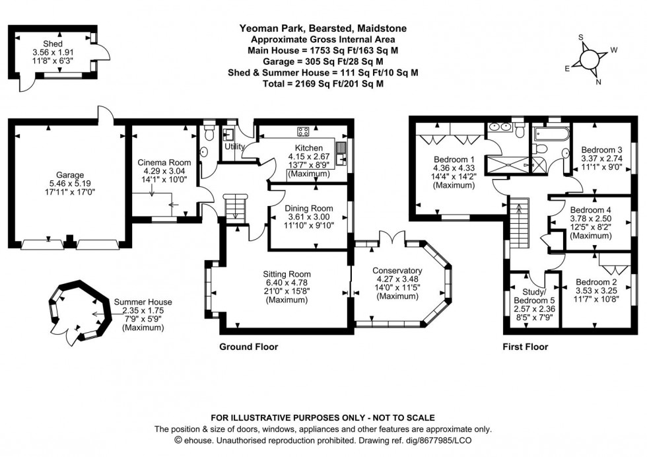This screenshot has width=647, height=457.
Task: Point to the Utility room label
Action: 234,147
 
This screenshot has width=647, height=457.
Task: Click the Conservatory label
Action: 397,270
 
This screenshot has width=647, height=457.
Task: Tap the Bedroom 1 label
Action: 454,159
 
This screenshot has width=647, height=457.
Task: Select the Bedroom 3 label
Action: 601,149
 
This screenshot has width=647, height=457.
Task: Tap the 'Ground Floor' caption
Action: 248,346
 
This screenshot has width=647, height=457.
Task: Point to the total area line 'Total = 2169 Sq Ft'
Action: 323,85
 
